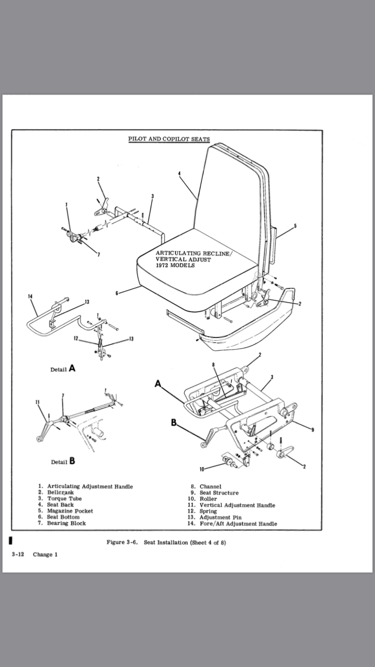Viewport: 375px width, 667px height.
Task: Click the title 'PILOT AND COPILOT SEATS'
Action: (x=168, y=138)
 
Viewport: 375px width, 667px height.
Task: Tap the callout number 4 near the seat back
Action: (x=178, y=173)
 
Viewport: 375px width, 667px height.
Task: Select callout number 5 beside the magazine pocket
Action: (x=295, y=226)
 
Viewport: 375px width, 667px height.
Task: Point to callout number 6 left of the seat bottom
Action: (x=116, y=293)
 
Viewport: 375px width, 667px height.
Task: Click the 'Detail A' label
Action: (x=63, y=369)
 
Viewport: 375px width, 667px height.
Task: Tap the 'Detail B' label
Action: (x=63, y=461)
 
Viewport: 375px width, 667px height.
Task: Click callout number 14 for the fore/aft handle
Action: (x=30, y=296)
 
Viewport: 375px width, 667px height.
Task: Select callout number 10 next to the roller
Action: (x=202, y=468)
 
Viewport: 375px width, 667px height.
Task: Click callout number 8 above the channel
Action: (x=213, y=365)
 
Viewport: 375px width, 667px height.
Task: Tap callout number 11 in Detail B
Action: (x=37, y=402)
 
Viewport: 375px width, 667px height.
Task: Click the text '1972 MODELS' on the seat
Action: (x=175, y=265)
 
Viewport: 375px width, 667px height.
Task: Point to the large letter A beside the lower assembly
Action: (x=158, y=383)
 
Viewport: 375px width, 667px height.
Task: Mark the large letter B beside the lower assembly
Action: (x=173, y=422)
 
